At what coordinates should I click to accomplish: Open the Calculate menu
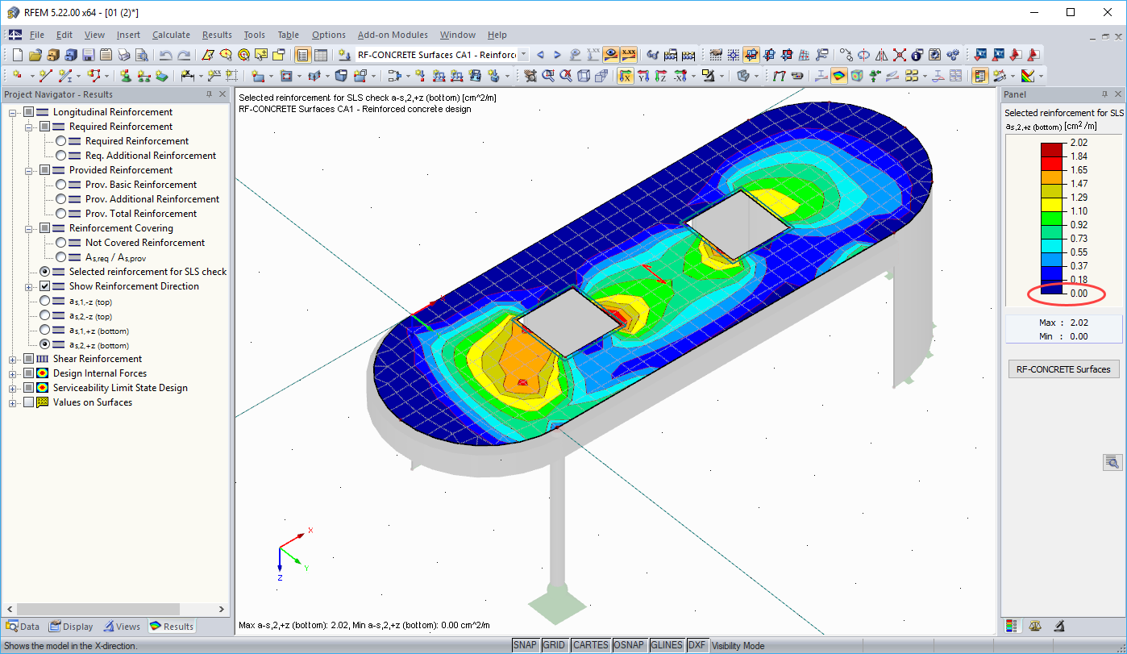tap(171, 35)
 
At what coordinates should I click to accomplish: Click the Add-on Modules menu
tap(393, 35)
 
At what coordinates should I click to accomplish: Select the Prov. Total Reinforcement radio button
tap(61, 214)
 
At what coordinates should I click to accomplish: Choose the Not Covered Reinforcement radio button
tap(61, 243)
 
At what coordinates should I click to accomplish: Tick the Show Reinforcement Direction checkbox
tap(45, 286)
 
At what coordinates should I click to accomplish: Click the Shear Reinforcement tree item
tap(97, 359)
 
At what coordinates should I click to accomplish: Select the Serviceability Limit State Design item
tap(120, 388)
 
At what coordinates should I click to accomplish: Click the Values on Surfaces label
tap(92, 402)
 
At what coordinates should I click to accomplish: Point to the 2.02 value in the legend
tap(1078, 143)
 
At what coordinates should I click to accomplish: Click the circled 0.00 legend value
tap(1078, 294)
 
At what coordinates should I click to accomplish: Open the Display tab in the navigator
tap(72, 627)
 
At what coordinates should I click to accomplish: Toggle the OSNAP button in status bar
tap(629, 645)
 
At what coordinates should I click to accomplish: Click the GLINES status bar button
tap(667, 645)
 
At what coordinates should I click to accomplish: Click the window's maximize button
tap(1071, 12)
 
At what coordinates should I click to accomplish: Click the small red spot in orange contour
tap(522, 381)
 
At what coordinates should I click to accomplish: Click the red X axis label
tap(310, 530)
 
